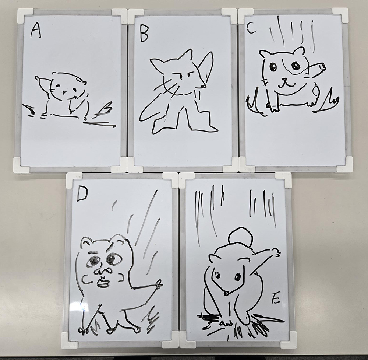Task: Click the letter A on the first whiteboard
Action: (36, 31)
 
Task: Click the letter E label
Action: (276, 300)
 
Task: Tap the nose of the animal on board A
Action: (64, 92)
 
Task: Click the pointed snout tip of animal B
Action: (205, 87)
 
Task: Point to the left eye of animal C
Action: (272, 67)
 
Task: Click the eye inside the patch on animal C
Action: (295, 66)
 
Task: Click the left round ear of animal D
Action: (85, 241)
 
